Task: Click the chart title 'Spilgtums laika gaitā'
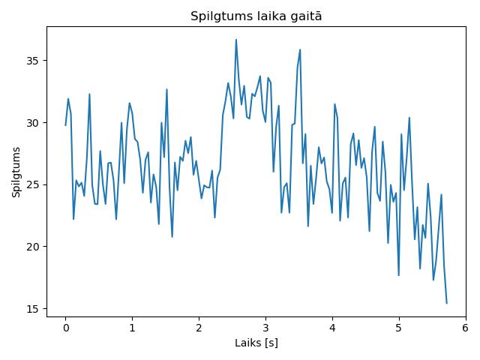point(256,16)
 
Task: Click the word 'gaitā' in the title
point(305,16)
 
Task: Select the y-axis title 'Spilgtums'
point(16,172)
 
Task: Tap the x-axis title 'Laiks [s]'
point(256,343)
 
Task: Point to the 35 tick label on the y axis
point(33,61)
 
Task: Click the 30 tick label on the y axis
point(33,123)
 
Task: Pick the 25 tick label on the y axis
point(33,185)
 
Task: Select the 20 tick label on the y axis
point(33,247)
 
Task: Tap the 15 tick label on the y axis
point(33,309)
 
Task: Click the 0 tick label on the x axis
point(65,328)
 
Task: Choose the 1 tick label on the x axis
point(132,328)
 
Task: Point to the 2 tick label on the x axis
point(199,328)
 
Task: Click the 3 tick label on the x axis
point(265,328)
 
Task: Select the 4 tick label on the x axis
point(332,328)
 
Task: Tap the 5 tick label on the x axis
point(399,328)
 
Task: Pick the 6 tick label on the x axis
point(466,328)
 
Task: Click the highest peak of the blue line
point(236,40)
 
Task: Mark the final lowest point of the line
point(447,303)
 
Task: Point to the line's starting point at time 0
point(65,125)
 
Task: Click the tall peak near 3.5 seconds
point(300,49)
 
